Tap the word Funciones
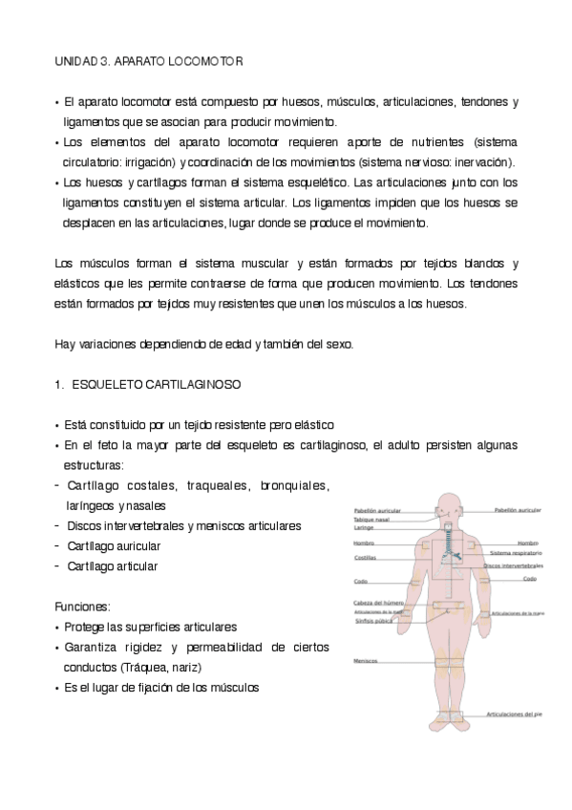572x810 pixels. pyautogui.click(x=82, y=607)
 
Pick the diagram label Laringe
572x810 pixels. pyautogui.click(x=364, y=528)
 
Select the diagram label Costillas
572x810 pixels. pyautogui.click(x=365, y=557)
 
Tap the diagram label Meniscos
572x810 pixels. pyautogui.click(x=365, y=661)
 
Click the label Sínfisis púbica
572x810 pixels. pyautogui.click(x=374, y=620)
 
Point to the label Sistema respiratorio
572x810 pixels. pyautogui.click(x=516, y=553)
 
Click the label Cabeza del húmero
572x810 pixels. pyautogui.click(x=376, y=603)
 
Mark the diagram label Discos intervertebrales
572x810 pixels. pyautogui.click(x=513, y=565)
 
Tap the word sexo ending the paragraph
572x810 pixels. pyautogui.click(x=341, y=344)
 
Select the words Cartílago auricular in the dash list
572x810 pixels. pyautogui.click(x=114, y=545)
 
